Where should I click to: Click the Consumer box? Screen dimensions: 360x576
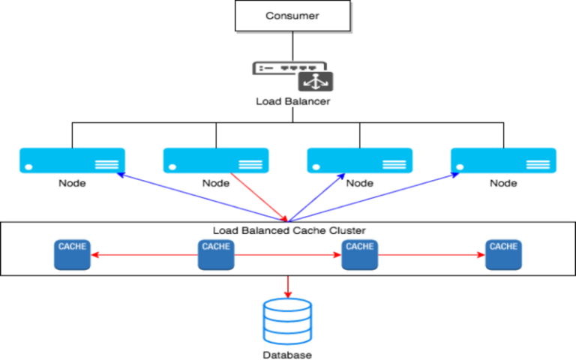pyautogui.click(x=292, y=16)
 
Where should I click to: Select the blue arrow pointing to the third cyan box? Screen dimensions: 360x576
pyautogui.click(x=319, y=196)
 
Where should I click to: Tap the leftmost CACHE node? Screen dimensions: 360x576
pyautogui.click(x=72, y=255)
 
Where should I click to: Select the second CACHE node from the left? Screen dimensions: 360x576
pyautogui.click(x=216, y=255)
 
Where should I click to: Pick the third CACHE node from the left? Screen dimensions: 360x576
pyautogui.click(x=360, y=255)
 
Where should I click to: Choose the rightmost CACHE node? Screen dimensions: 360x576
pyautogui.click(x=503, y=255)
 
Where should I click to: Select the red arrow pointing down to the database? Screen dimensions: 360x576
pyautogui.click(x=288, y=286)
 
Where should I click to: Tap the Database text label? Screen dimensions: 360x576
pyautogui.click(x=287, y=355)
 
